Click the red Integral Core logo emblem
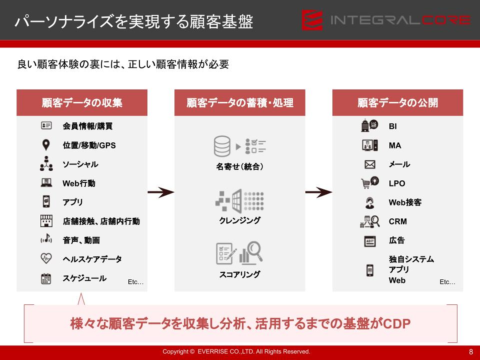(x=312, y=20)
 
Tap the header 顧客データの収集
(x=82, y=103)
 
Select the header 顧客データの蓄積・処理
(x=240, y=103)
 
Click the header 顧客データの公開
(x=397, y=103)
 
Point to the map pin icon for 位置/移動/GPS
(x=46, y=145)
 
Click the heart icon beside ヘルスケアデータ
(x=46, y=258)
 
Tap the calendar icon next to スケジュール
(x=46, y=278)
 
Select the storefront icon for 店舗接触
(x=46, y=221)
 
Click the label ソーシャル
(x=80, y=164)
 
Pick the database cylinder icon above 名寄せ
(x=222, y=146)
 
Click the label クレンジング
(x=240, y=220)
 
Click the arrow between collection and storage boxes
(x=161, y=192)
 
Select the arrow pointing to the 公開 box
(x=319, y=192)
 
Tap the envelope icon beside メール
(x=370, y=164)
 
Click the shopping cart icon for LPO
(x=366, y=183)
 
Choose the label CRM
(x=398, y=221)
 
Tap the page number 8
(x=471, y=352)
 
